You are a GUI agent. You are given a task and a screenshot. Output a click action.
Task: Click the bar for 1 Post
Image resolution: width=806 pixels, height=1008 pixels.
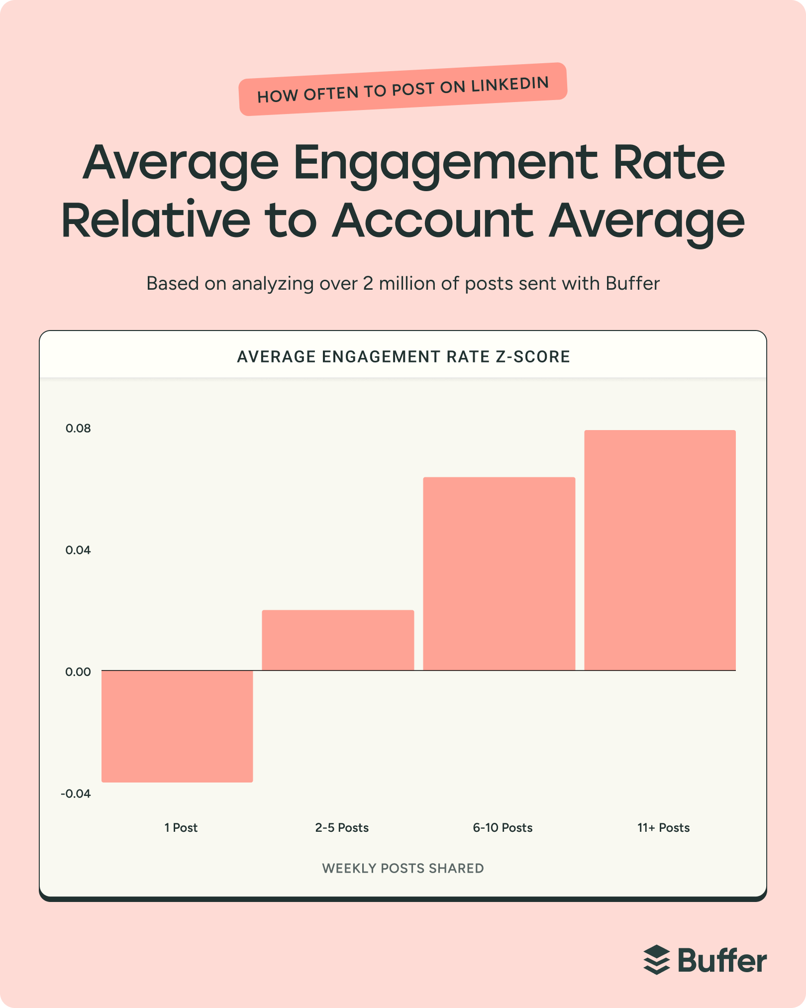tap(177, 726)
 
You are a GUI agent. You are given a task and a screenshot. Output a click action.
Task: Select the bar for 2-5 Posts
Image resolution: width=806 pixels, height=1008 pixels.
tap(338, 640)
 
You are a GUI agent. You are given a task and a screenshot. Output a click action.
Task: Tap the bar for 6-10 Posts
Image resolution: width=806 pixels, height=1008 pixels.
tap(499, 573)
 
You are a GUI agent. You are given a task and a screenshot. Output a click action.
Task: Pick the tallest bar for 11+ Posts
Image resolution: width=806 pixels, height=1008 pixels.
tap(660, 550)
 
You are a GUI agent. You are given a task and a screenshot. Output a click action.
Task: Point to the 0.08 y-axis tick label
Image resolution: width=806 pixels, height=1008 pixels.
tap(78, 429)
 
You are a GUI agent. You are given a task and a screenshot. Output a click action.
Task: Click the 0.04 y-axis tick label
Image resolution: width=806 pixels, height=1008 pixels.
tap(78, 550)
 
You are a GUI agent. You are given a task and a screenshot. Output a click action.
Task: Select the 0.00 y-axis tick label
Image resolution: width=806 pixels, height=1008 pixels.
tap(78, 672)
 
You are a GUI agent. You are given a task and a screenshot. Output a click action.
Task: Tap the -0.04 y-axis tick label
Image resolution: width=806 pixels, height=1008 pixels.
tap(76, 793)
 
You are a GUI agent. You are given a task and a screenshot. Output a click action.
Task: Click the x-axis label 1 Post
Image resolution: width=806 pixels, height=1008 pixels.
tap(181, 828)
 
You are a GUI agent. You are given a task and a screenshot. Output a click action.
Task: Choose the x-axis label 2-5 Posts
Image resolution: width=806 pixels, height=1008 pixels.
tap(342, 828)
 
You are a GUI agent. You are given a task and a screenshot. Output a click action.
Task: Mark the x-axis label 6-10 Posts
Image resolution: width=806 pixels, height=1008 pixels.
tap(503, 828)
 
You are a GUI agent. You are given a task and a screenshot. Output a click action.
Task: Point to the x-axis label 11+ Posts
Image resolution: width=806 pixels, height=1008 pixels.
tap(663, 828)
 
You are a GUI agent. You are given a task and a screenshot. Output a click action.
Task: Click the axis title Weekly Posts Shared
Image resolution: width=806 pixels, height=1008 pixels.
tap(403, 868)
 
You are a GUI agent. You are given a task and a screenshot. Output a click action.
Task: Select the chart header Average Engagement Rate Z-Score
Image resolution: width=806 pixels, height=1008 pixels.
tap(403, 357)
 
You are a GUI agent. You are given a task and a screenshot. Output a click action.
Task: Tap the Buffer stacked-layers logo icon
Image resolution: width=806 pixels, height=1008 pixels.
tap(657, 960)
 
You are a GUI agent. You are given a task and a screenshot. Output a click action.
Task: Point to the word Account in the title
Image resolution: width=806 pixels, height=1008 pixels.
tap(433, 221)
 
